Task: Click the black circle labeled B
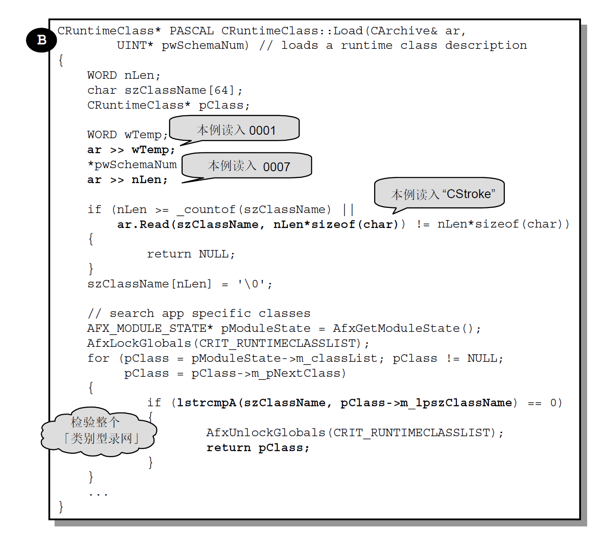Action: (x=41, y=40)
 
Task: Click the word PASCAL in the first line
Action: (x=191, y=31)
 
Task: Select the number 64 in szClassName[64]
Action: (x=221, y=90)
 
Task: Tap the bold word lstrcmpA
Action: (x=206, y=403)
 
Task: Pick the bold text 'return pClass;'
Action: (x=258, y=448)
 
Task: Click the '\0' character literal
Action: (x=251, y=284)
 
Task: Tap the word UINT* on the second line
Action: (x=135, y=45)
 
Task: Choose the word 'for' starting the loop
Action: (x=98, y=358)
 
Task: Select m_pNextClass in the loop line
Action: (x=297, y=373)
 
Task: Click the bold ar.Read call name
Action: (x=143, y=224)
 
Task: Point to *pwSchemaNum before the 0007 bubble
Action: (x=132, y=165)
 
